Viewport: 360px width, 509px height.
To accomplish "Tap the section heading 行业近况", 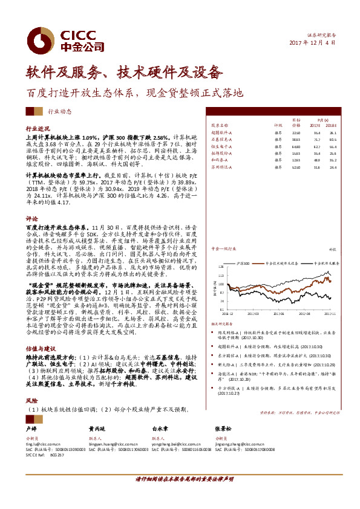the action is pos(38,129).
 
